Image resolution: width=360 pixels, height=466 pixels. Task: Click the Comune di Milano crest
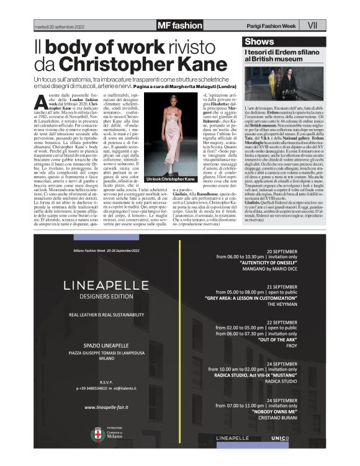97,433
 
